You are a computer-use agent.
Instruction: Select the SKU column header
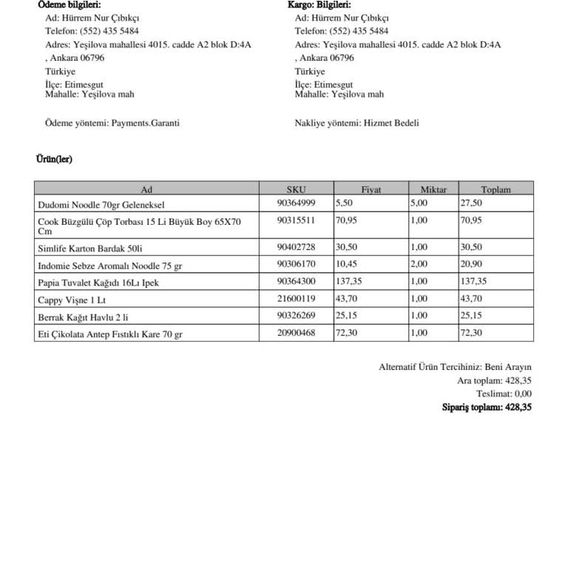[296, 189]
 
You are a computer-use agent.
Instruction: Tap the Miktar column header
[433, 189]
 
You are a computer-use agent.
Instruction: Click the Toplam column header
[496, 189]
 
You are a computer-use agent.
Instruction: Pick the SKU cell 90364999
[296, 203]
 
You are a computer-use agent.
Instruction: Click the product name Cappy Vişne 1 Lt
[72, 300]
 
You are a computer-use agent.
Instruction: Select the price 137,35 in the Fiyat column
[349, 281]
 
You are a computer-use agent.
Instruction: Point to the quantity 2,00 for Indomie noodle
[419, 263]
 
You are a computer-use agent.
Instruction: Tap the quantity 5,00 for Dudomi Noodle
[419, 203]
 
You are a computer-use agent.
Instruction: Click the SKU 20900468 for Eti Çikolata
[296, 334]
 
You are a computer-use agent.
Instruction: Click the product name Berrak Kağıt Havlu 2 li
[83, 317]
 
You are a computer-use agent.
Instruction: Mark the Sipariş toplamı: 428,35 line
[487, 407]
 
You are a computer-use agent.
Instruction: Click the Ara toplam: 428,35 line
[494, 380]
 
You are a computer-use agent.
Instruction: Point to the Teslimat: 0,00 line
[504, 393]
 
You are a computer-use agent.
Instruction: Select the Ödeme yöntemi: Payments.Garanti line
[112, 123]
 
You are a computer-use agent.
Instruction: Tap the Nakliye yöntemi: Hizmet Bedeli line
[356, 123]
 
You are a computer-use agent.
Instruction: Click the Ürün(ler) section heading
[54, 159]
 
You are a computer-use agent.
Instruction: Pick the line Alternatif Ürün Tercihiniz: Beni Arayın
[455, 367]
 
